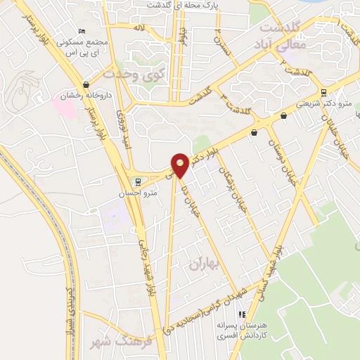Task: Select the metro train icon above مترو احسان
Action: [138, 179]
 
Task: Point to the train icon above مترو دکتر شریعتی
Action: [323, 92]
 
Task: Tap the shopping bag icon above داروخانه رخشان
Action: [86, 84]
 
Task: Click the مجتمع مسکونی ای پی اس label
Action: [87, 47]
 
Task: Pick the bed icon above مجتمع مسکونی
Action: [82, 32]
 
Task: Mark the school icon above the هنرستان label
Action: [243, 314]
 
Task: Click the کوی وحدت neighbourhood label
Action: [127, 72]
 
